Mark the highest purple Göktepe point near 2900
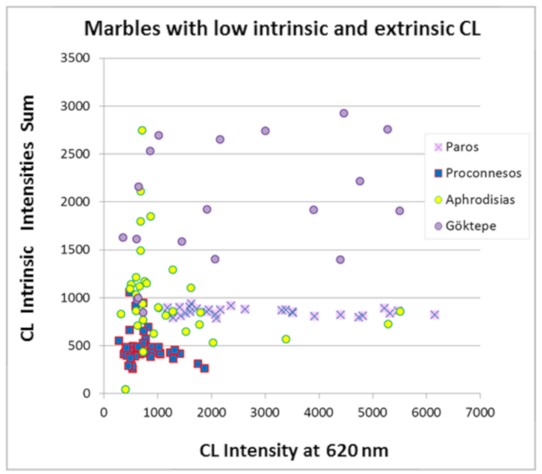click(343, 113)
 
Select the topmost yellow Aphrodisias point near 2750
click(142, 130)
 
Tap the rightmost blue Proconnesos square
click(204, 368)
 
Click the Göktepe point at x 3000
click(265, 131)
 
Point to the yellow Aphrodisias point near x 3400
click(286, 339)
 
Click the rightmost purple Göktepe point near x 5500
click(400, 211)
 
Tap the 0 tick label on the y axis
click(86, 394)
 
